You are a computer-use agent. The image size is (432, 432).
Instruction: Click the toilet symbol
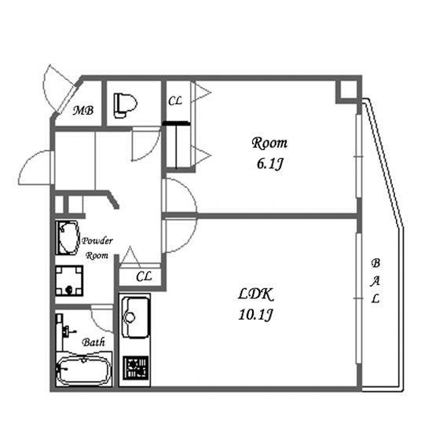click(126, 106)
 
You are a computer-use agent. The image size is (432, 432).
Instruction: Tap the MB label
click(83, 111)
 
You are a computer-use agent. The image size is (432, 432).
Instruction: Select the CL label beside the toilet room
click(175, 101)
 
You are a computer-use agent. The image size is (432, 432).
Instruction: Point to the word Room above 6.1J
click(269, 143)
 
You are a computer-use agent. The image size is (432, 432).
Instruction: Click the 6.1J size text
click(269, 164)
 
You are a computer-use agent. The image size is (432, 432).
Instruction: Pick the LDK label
click(256, 295)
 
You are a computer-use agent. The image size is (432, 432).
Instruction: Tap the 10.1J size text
click(256, 315)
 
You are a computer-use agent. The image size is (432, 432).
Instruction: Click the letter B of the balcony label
click(375, 263)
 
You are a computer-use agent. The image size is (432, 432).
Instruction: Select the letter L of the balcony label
click(375, 298)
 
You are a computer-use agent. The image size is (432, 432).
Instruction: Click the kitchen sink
click(135, 317)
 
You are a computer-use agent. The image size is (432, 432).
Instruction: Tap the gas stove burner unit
click(135, 368)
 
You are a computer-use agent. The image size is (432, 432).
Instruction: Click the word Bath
click(93, 342)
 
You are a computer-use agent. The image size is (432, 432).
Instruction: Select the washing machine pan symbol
click(69, 280)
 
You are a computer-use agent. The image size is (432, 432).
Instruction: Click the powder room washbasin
click(68, 237)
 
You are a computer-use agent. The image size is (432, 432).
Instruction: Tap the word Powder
click(97, 241)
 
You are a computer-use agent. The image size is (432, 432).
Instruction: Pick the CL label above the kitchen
click(144, 276)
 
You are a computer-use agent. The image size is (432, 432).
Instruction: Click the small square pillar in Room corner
click(348, 90)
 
